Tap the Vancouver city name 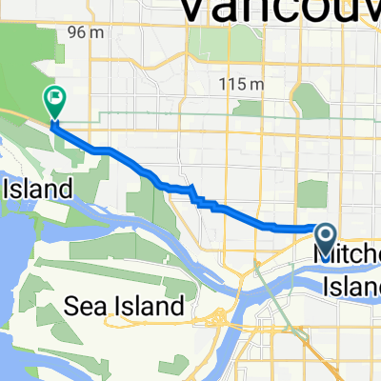point(276,11)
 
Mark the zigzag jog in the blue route point(197,197)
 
